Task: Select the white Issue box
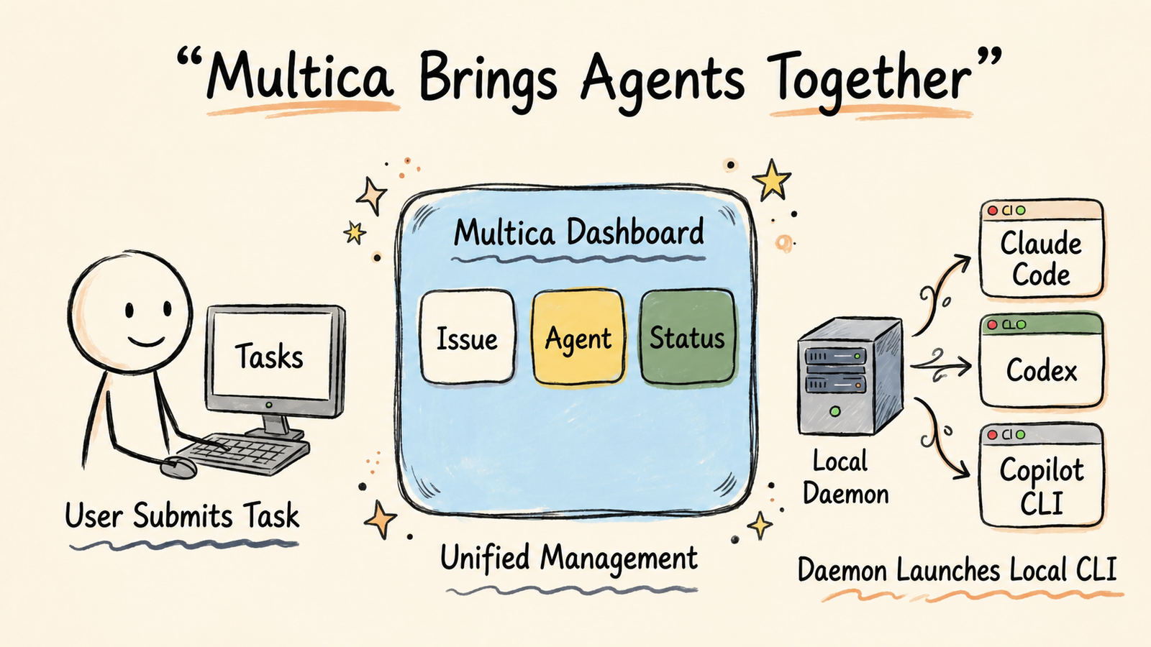[x=467, y=337]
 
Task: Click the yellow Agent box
[x=578, y=337]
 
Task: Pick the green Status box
[x=688, y=337]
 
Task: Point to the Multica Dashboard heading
[x=578, y=232]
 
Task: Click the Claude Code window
[x=1042, y=249]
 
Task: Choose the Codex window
[x=1042, y=360]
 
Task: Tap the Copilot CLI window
[x=1042, y=475]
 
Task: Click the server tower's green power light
[x=835, y=410]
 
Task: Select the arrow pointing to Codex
[x=940, y=366]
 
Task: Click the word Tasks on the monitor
[x=269, y=356]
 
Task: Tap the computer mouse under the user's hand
[x=178, y=467]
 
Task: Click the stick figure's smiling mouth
[x=147, y=341]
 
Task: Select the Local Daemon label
[x=846, y=477]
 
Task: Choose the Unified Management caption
[x=569, y=558]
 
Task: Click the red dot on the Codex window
[x=992, y=324]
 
